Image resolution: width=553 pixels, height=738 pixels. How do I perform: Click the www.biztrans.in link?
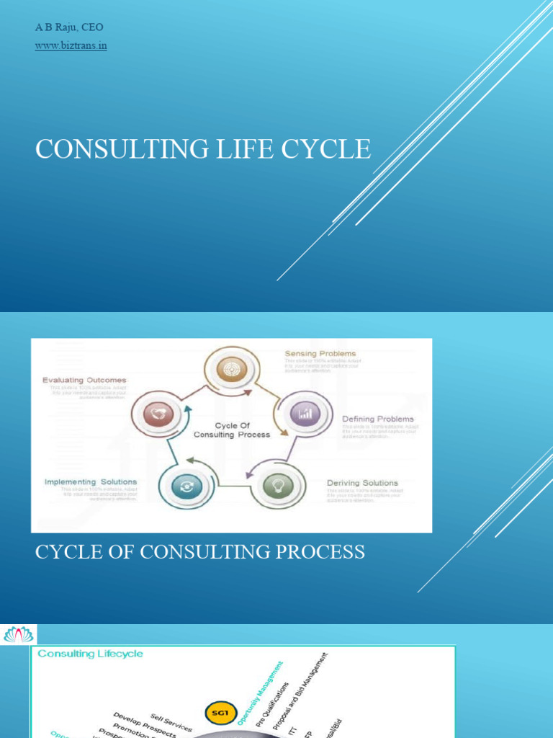click(x=71, y=46)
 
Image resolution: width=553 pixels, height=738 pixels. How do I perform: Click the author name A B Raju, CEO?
click(x=69, y=27)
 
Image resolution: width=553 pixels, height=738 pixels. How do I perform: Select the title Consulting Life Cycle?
click(x=204, y=149)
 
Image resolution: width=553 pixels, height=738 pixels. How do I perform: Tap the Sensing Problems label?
click(x=320, y=354)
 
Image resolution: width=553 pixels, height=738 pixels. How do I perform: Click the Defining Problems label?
click(x=377, y=419)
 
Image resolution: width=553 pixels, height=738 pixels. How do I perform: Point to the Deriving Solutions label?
click(x=362, y=483)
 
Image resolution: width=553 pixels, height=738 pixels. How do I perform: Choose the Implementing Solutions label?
click(x=91, y=481)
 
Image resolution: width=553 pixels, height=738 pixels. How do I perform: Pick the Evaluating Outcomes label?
click(x=84, y=380)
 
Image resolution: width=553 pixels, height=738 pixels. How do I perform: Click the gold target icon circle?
click(x=231, y=370)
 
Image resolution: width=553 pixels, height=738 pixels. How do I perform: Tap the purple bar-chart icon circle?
click(x=305, y=414)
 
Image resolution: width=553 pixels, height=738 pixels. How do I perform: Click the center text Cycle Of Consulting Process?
click(x=232, y=430)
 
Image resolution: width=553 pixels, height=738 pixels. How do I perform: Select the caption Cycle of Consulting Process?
click(x=200, y=552)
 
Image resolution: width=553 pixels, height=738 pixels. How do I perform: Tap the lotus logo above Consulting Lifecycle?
click(x=19, y=634)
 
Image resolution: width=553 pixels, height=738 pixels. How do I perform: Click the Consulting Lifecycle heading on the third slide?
click(x=90, y=654)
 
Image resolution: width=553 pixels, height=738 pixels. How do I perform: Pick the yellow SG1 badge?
click(x=219, y=713)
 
